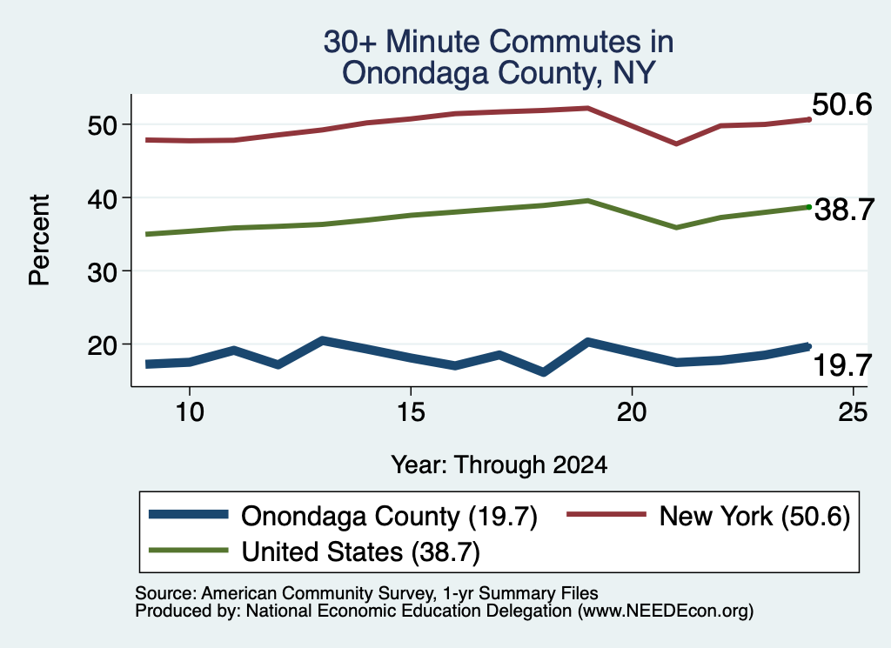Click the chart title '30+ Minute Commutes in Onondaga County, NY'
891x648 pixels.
[x=499, y=57]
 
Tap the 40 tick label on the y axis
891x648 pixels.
[x=101, y=198]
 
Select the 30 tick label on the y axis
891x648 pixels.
[x=101, y=271]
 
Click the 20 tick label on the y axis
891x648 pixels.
[x=101, y=344]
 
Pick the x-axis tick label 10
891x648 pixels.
[x=189, y=411]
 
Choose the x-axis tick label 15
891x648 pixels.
[x=411, y=411]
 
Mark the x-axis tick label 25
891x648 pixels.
[x=853, y=411]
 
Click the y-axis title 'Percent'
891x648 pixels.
[x=39, y=240]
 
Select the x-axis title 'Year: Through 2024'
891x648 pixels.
[x=499, y=465]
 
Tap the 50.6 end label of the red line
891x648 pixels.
[x=842, y=105]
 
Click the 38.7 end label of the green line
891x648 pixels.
[x=844, y=210]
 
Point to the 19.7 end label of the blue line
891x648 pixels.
[x=842, y=364]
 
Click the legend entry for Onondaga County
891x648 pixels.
[x=343, y=517]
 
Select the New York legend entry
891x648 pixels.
[x=708, y=517]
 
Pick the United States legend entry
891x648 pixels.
[x=314, y=551]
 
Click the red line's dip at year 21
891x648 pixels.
[x=675, y=144]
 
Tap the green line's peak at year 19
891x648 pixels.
[x=587, y=200]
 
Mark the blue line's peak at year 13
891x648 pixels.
[x=322, y=341]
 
